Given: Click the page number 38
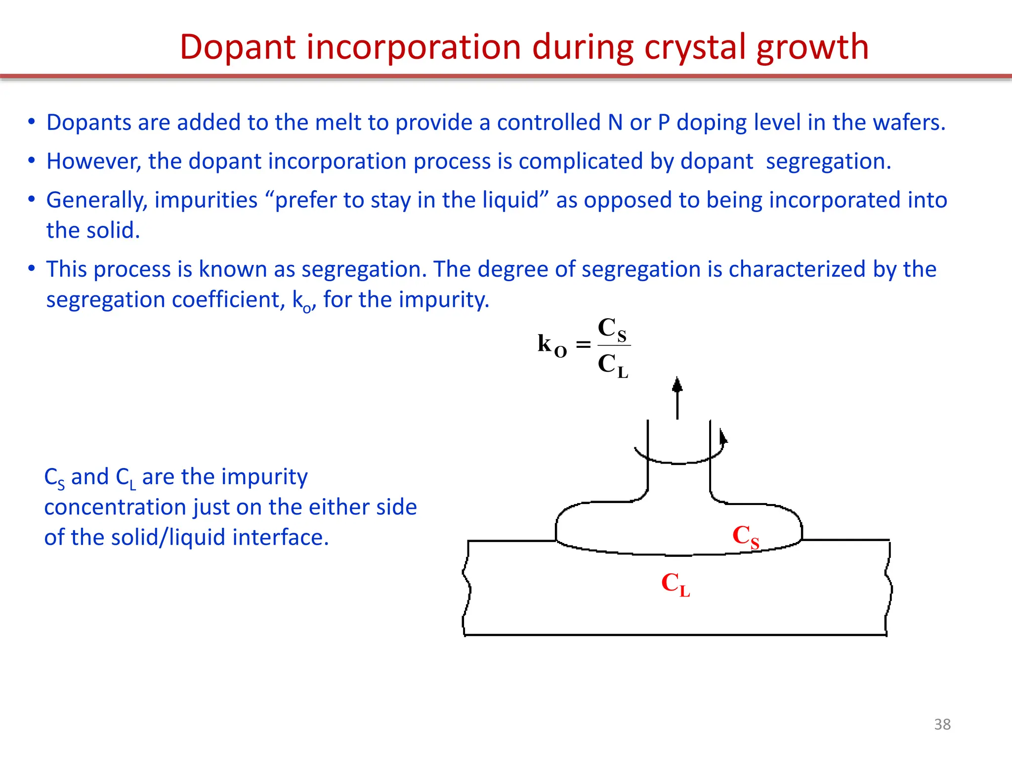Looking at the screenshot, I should pos(942,724).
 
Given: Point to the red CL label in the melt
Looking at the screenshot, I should pos(675,585).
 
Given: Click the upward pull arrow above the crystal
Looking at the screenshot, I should pos(677,398).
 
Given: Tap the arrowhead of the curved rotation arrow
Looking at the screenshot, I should pos(723,437).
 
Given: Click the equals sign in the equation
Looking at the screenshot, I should pos(584,344).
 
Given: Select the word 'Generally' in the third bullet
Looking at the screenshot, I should pos(96,201).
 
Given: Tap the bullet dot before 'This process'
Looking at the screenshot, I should pos(32,268).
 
